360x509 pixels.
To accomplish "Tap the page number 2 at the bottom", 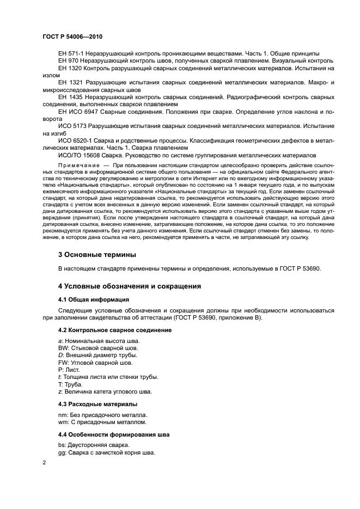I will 44,462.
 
